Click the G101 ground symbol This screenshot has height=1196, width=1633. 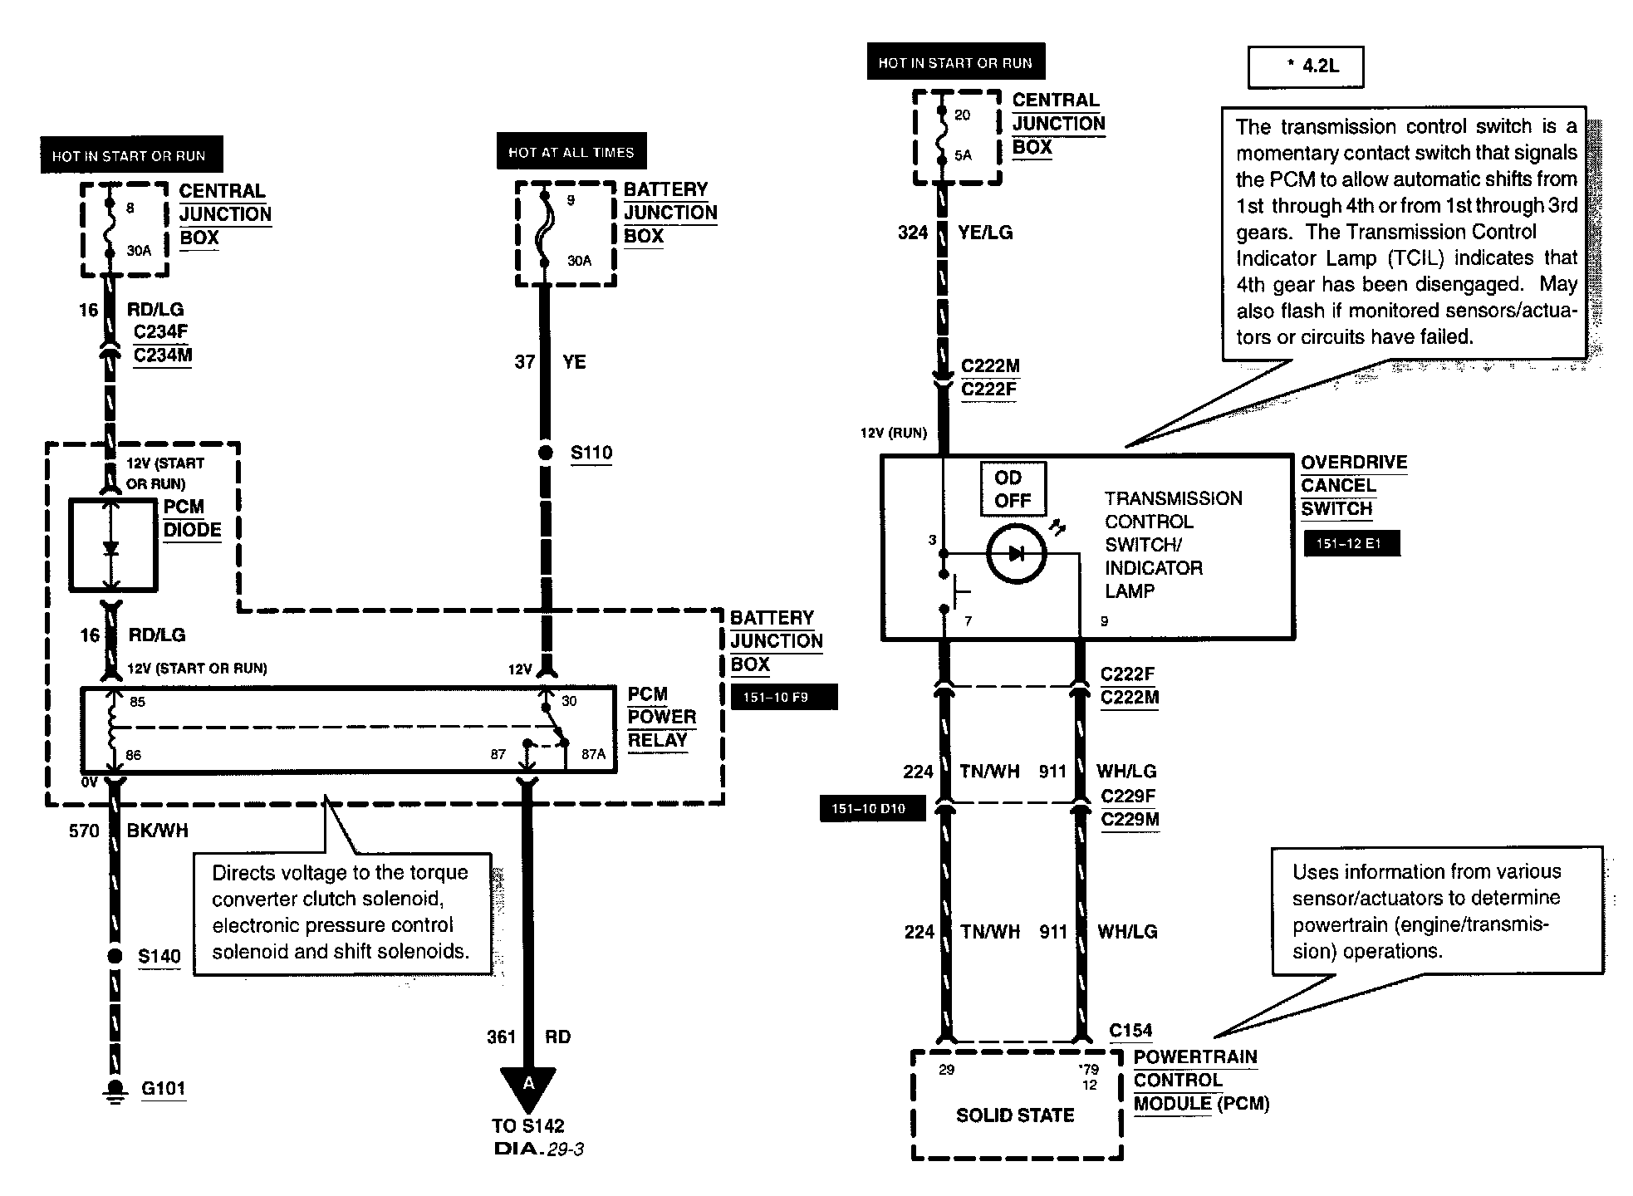tap(115, 1090)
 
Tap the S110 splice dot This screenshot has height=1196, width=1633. tap(545, 453)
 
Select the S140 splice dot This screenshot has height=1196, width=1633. tap(115, 956)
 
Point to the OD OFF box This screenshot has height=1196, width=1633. tap(1013, 489)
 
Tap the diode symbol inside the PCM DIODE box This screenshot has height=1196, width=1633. tap(110, 548)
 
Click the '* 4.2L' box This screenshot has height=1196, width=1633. tap(1306, 66)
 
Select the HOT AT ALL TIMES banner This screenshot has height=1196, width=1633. tap(571, 152)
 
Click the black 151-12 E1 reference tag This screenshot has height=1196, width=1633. tap(1351, 544)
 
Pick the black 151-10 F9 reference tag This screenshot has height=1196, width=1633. tap(783, 697)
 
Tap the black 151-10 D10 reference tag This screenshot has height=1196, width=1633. tap(872, 808)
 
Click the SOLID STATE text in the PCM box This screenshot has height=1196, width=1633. tap(1015, 1115)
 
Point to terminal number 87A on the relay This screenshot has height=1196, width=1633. tap(593, 754)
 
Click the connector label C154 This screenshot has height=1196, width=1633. tap(1130, 1031)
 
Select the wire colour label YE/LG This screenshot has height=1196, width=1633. tap(985, 233)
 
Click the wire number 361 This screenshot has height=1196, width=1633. tap(501, 1037)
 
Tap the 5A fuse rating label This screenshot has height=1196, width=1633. tap(963, 155)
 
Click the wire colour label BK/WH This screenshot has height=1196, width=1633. tap(157, 831)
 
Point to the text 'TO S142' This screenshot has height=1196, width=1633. tap(527, 1126)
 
